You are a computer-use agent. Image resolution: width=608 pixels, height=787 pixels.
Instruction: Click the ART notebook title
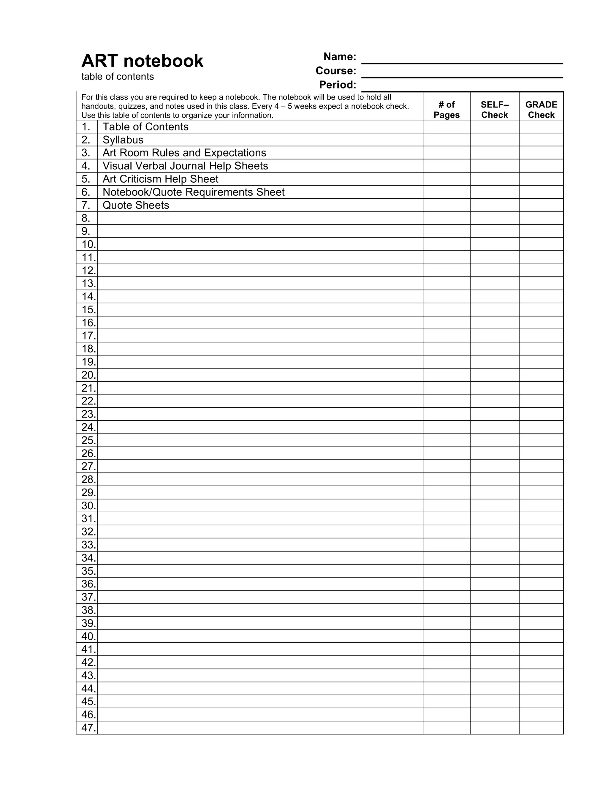[x=142, y=61]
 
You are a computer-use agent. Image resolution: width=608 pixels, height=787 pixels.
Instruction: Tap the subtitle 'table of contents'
[x=118, y=76]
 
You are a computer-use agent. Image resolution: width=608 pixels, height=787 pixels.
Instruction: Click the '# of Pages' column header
[x=446, y=110]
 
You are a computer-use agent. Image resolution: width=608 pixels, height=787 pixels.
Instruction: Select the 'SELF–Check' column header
[x=495, y=110]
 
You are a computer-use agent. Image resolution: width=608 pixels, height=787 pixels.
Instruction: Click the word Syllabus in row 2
[x=123, y=140]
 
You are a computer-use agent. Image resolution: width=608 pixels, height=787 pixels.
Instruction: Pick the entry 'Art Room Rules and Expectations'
[x=184, y=153]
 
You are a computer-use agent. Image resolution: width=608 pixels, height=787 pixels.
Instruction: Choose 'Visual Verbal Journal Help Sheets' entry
[x=185, y=166]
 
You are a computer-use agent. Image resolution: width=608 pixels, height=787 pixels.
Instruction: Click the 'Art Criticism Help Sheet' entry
[x=160, y=179]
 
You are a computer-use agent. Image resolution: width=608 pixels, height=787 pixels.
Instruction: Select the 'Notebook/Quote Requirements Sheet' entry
[x=194, y=192]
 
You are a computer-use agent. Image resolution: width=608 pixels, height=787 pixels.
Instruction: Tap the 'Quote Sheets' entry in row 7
[x=136, y=205]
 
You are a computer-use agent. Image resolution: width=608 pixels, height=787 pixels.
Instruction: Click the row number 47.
[x=88, y=728]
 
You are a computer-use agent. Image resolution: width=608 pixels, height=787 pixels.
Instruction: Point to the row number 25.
[x=88, y=440]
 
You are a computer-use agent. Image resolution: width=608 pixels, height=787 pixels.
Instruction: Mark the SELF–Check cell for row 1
[x=495, y=127]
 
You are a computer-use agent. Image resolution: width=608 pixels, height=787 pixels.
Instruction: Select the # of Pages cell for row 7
[x=446, y=205]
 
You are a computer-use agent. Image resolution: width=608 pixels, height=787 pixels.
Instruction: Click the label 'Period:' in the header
[x=338, y=85]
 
